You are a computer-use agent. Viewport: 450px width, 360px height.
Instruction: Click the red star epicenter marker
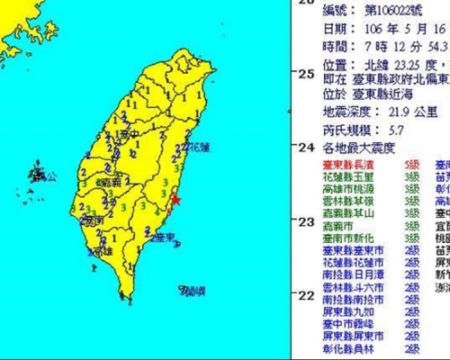click(x=175, y=200)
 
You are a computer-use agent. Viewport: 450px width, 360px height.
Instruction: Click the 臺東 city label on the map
click(x=163, y=237)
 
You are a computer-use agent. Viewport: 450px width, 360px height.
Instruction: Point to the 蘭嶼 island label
click(x=192, y=290)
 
